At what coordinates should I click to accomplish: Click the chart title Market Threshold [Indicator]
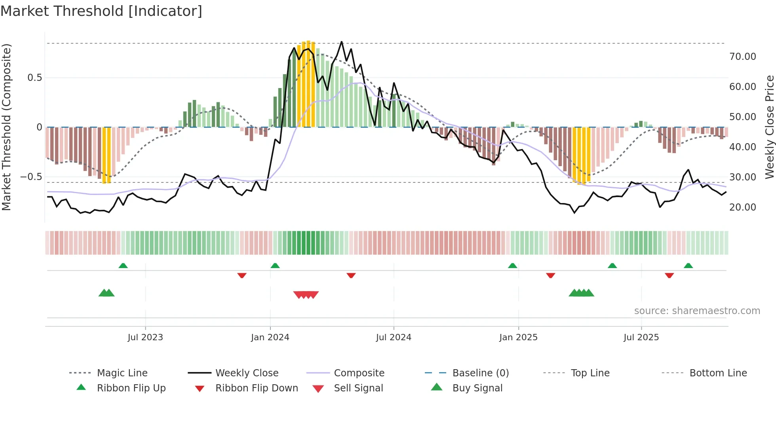click(101, 11)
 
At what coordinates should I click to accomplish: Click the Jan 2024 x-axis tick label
click(270, 337)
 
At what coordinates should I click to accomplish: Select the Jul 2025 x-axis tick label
click(641, 337)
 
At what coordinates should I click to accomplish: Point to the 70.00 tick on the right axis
click(742, 57)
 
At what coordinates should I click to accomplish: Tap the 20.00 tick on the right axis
click(742, 207)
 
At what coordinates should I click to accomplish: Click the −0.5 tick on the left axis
click(31, 177)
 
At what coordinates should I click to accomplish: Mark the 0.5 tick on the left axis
click(34, 78)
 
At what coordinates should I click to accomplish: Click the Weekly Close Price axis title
click(769, 127)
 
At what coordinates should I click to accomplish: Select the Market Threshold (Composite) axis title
click(6, 127)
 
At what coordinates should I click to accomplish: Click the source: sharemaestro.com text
click(697, 311)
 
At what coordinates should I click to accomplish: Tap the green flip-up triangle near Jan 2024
click(275, 266)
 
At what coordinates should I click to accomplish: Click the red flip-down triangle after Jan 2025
click(550, 275)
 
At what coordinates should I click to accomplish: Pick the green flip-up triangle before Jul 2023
click(123, 266)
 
